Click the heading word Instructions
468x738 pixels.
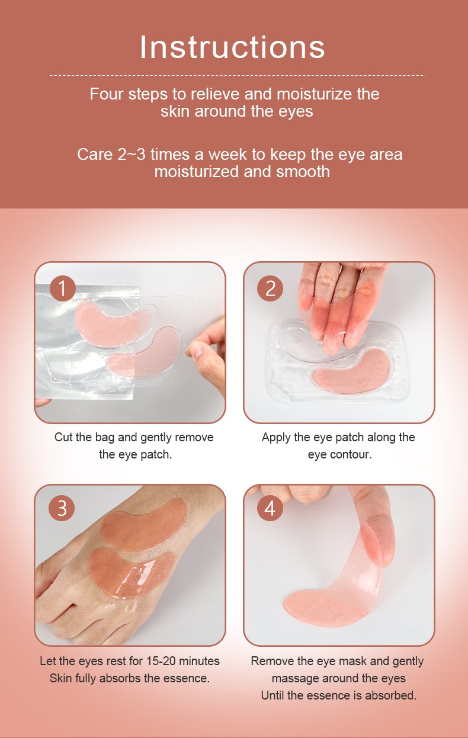coord(232,47)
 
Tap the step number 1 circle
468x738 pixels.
coord(63,288)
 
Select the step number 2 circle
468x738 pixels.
coord(270,288)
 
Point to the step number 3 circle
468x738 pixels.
coord(62,508)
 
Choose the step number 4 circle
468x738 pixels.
coord(270,508)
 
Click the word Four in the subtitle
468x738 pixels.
coord(107,94)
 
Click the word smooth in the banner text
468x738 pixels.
coord(303,172)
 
